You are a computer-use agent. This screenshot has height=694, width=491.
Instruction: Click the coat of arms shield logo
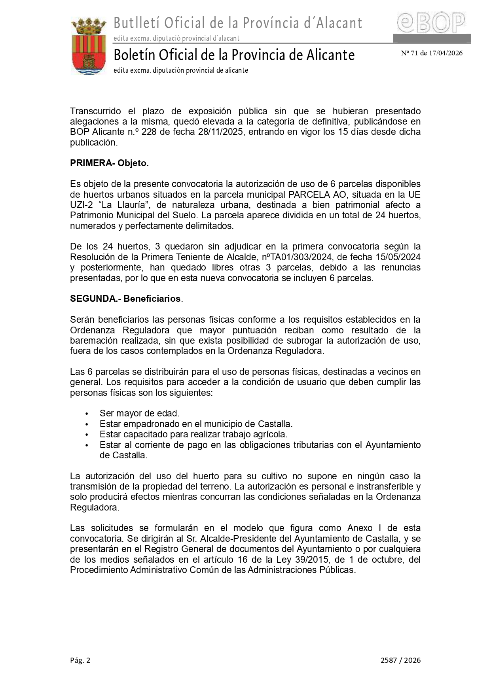(x=88, y=47)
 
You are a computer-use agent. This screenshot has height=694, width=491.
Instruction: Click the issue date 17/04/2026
(x=444, y=53)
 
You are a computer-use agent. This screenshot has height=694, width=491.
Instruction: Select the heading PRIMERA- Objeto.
(x=109, y=163)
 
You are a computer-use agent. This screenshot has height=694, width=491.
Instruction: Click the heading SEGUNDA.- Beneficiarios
(x=125, y=299)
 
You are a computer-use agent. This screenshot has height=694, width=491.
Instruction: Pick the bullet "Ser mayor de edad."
(x=140, y=413)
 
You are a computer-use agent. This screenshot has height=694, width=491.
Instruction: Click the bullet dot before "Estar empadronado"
(x=87, y=424)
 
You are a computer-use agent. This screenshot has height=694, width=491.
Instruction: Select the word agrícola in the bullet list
(x=270, y=434)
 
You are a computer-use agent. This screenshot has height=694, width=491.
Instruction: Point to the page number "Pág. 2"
(x=80, y=660)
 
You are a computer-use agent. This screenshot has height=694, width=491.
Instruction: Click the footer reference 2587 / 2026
(x=400, y=660)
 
